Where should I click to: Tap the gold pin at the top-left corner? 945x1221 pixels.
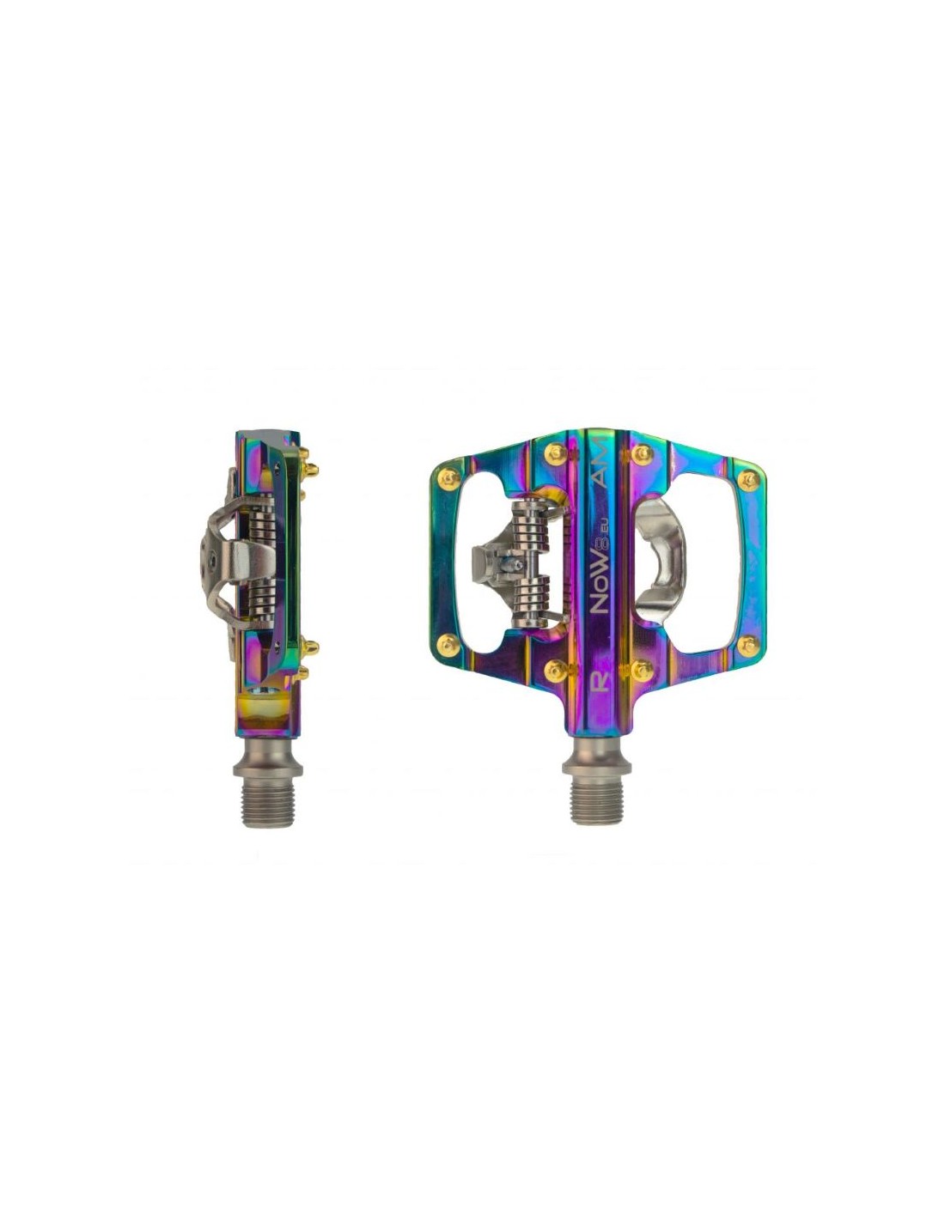(448, 478)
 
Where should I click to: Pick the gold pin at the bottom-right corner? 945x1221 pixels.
(749, 646)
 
